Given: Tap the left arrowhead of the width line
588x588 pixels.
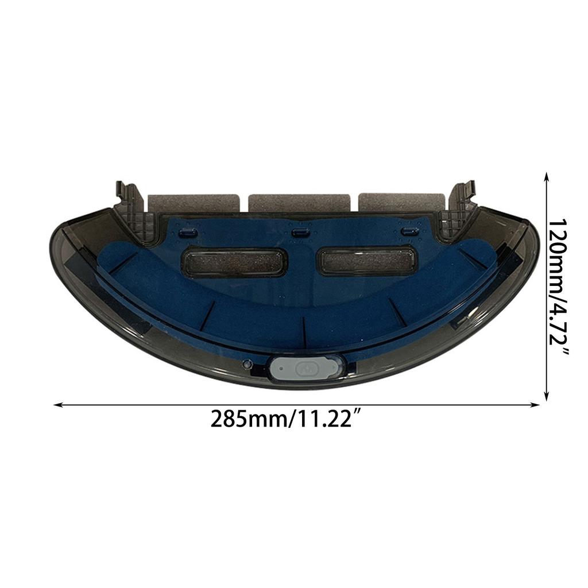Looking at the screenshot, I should pos(57,405).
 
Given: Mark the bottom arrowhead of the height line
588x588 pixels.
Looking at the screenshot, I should pos(547,397).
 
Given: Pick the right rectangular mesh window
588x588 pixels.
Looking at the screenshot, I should pos(366,261).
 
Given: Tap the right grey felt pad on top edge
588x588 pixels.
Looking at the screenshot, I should pos(401,202).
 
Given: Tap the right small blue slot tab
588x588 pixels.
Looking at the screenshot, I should pos(409,231).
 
